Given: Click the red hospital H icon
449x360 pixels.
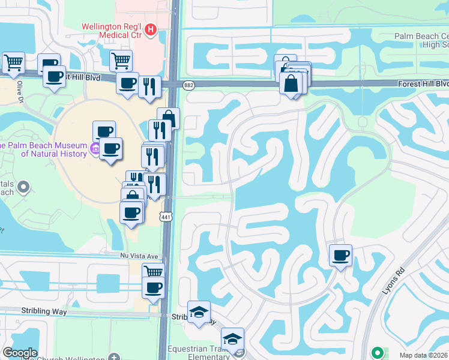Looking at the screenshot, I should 151,29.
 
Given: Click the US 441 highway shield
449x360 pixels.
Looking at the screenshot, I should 166,215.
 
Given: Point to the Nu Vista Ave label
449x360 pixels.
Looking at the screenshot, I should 139,256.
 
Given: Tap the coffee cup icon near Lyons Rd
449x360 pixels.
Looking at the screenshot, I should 340,256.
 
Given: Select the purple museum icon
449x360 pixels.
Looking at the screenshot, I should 95,148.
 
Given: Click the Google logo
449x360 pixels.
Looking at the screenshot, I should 20,353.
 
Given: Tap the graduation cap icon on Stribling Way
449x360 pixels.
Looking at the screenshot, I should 199,312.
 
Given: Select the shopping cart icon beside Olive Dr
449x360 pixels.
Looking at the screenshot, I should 13,62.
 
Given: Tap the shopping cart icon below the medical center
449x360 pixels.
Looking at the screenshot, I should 121,60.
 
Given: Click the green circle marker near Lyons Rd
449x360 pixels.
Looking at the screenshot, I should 377,352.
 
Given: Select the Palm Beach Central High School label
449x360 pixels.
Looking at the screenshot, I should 421,41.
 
